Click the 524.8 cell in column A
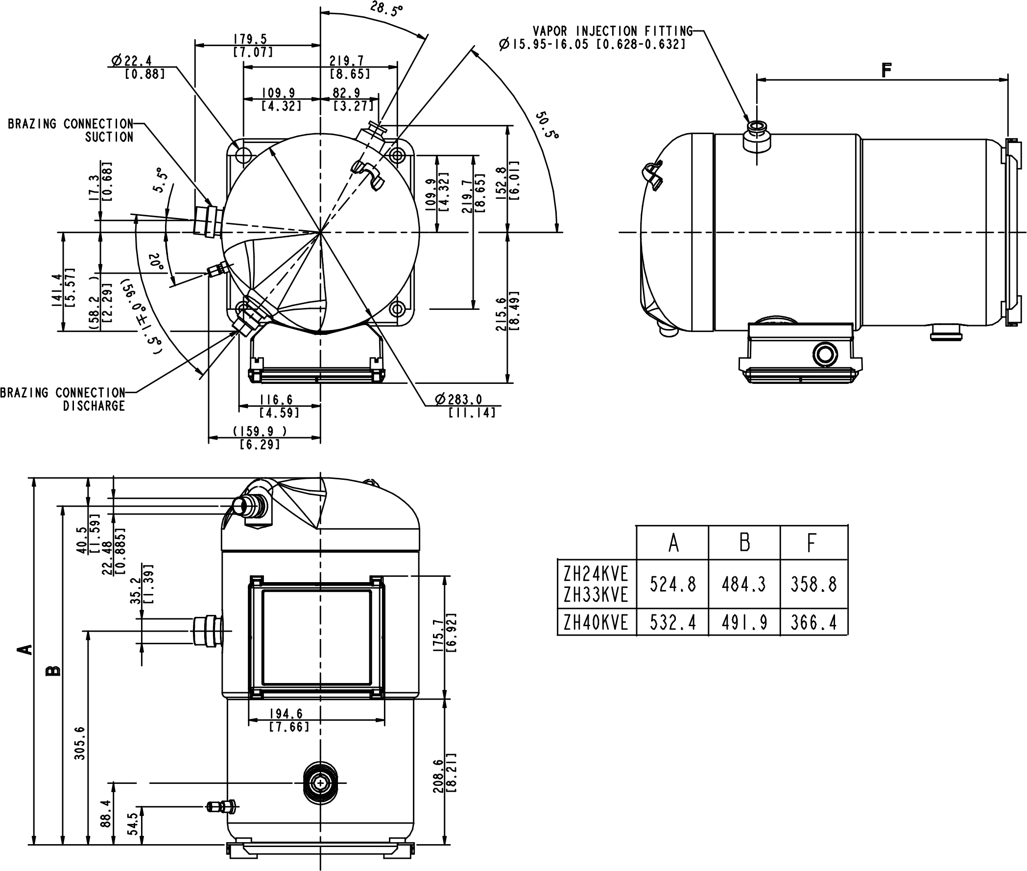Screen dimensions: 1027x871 672,585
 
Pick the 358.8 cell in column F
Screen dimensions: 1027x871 813,585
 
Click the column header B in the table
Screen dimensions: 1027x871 744,542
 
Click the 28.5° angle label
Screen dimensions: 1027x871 386,9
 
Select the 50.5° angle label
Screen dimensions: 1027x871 548,125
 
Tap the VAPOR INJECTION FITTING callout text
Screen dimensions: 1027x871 613,31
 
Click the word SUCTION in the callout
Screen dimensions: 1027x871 109,137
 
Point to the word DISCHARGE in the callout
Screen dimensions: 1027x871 94,405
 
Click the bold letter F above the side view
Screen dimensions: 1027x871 887,70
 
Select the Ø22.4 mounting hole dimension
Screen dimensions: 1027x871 132,61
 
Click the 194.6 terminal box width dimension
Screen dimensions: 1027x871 286,713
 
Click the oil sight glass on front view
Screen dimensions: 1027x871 321,783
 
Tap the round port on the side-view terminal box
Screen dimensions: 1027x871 825,354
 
